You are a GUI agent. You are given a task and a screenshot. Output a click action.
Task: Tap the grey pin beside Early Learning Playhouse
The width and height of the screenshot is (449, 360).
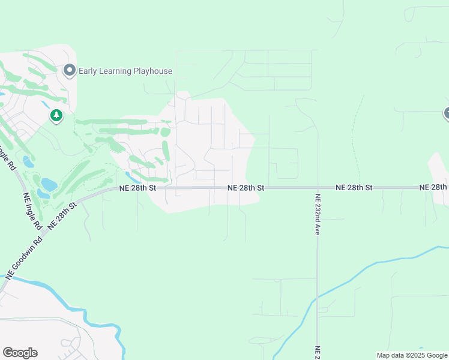pyautogui.click(x=69, y=71)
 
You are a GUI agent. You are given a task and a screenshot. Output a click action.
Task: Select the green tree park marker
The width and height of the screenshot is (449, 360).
pyautogui.click(x=56, y=115)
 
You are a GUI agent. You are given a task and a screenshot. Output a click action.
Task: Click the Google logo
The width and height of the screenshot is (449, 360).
pyautogui.click(x=20, y=353)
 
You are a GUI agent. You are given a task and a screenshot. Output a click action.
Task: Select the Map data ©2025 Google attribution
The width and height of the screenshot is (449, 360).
pyautogui.click(x=412, y=355)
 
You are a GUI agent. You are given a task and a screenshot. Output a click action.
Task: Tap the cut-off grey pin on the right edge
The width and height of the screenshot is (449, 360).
pyautogui.click(x=447, y=113)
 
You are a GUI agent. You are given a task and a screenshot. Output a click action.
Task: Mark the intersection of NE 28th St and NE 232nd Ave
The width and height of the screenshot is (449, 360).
pyautogui.click(x=317, y=188)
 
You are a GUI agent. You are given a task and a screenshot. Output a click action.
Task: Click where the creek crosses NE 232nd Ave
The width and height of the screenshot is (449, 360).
pyautogui.click(x=317, y=295)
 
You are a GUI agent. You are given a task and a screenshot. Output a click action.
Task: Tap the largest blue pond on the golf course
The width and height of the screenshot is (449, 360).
pyautogui.click(x=49, y=184)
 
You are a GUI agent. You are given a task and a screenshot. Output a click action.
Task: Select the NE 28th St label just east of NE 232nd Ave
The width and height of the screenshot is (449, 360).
pyautogui.click(x=354, y=188)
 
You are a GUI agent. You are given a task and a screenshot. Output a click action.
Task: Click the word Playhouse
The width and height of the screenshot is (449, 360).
pyautogui.click(x=152, y=71)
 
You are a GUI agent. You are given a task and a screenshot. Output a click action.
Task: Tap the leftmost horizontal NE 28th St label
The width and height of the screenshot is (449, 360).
pyautogui.click(x=137, y=188)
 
